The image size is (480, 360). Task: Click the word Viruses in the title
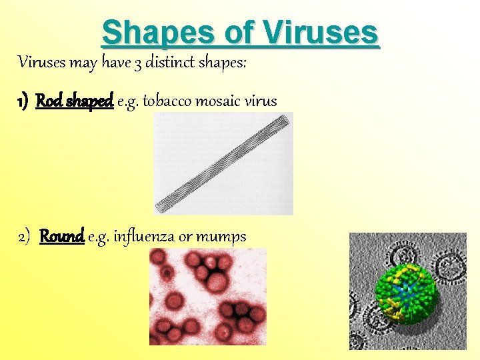coord(321,32)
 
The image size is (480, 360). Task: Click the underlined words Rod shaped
coord(74,101)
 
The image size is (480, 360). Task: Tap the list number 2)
coord(25,237)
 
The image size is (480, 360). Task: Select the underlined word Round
coord(61,237)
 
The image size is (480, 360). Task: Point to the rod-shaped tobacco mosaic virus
coord(223,163)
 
